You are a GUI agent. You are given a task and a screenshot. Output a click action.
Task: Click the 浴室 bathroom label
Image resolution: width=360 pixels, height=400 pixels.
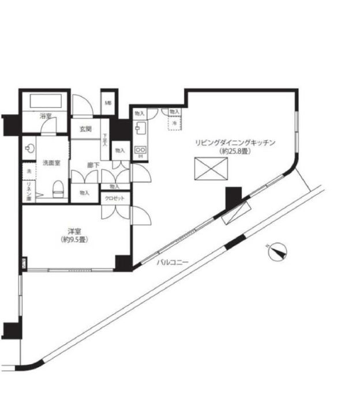[x=46, y=116]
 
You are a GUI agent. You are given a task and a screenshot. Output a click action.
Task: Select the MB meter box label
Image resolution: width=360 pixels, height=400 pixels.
[x=108, y=104]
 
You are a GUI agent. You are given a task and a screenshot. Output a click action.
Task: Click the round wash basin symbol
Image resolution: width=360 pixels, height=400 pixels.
[x=30, y=148]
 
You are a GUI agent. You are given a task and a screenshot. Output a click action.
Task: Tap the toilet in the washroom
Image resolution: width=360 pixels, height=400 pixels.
[x=58, y=188]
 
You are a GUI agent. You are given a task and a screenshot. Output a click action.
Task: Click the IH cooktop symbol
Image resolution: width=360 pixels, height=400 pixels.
[x=140, y=152]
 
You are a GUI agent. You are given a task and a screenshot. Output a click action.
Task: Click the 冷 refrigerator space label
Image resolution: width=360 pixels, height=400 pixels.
[x=174, y=123]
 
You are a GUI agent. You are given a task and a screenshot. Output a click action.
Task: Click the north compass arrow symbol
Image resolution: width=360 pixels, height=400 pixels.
[x=277, y=251]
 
